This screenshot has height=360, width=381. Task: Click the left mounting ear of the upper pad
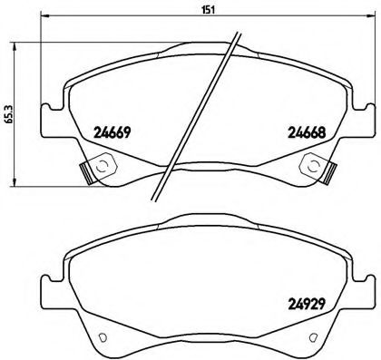tap(51, 122)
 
